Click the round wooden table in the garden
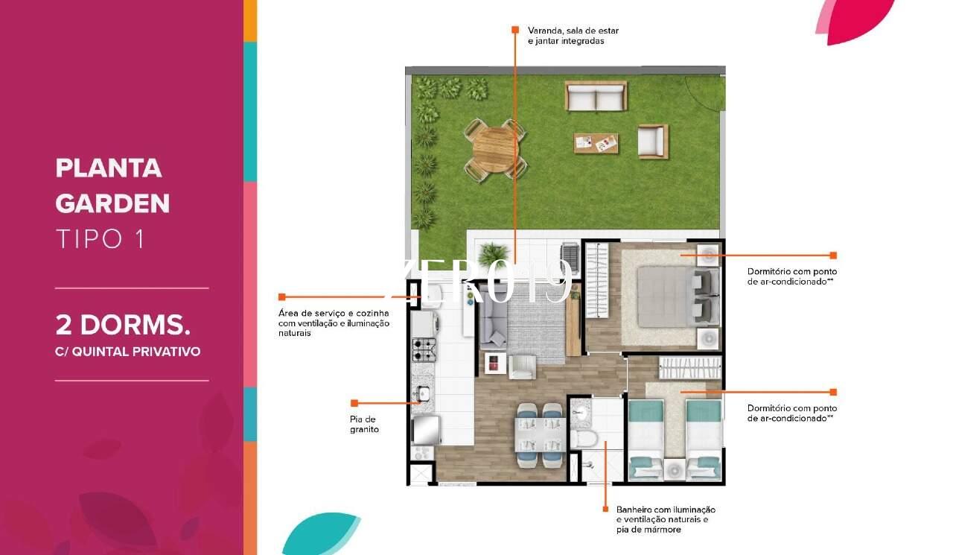point(495,150)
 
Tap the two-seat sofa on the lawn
point(596,96)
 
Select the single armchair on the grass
point(653,142)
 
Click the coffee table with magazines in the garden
point(596,143)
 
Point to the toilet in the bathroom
point(584,439)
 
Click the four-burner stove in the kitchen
point(424,349)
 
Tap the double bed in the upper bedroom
point(678,296)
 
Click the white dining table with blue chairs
point(540,435)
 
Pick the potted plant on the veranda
point(493,256)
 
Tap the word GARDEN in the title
point(112,203)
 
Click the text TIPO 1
point(101,239)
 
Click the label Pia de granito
point(364,425)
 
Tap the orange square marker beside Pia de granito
point(354,403)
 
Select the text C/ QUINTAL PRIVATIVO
point(127,352)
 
